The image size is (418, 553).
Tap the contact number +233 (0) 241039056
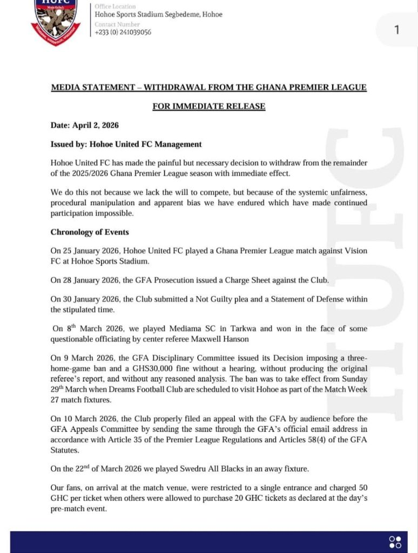coord(123,32)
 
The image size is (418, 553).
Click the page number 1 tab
coord(397,30)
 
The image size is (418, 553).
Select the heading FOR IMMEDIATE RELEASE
coord(208,106)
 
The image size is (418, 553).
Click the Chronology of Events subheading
coord(90,232)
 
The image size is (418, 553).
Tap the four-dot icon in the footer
coord(395,542)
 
